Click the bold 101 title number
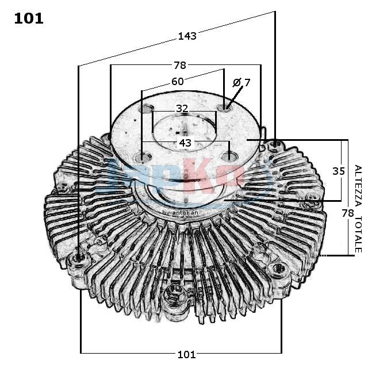[x=29, y=18]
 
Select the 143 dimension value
[x=187, y=36]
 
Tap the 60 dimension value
[x=177, y=82]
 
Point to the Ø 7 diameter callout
[x=241, y=83]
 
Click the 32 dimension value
[x=182, y=108]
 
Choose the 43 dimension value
[x=185, y=142]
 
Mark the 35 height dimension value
[x=339, y=170]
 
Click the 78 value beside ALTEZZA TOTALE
[x=347, y=213]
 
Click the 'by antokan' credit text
[x=180, y=213]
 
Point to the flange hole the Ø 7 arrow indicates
[x=225, y=108]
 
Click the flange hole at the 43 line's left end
[x=141, y=157]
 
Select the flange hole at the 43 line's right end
[x=229, y=156]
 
